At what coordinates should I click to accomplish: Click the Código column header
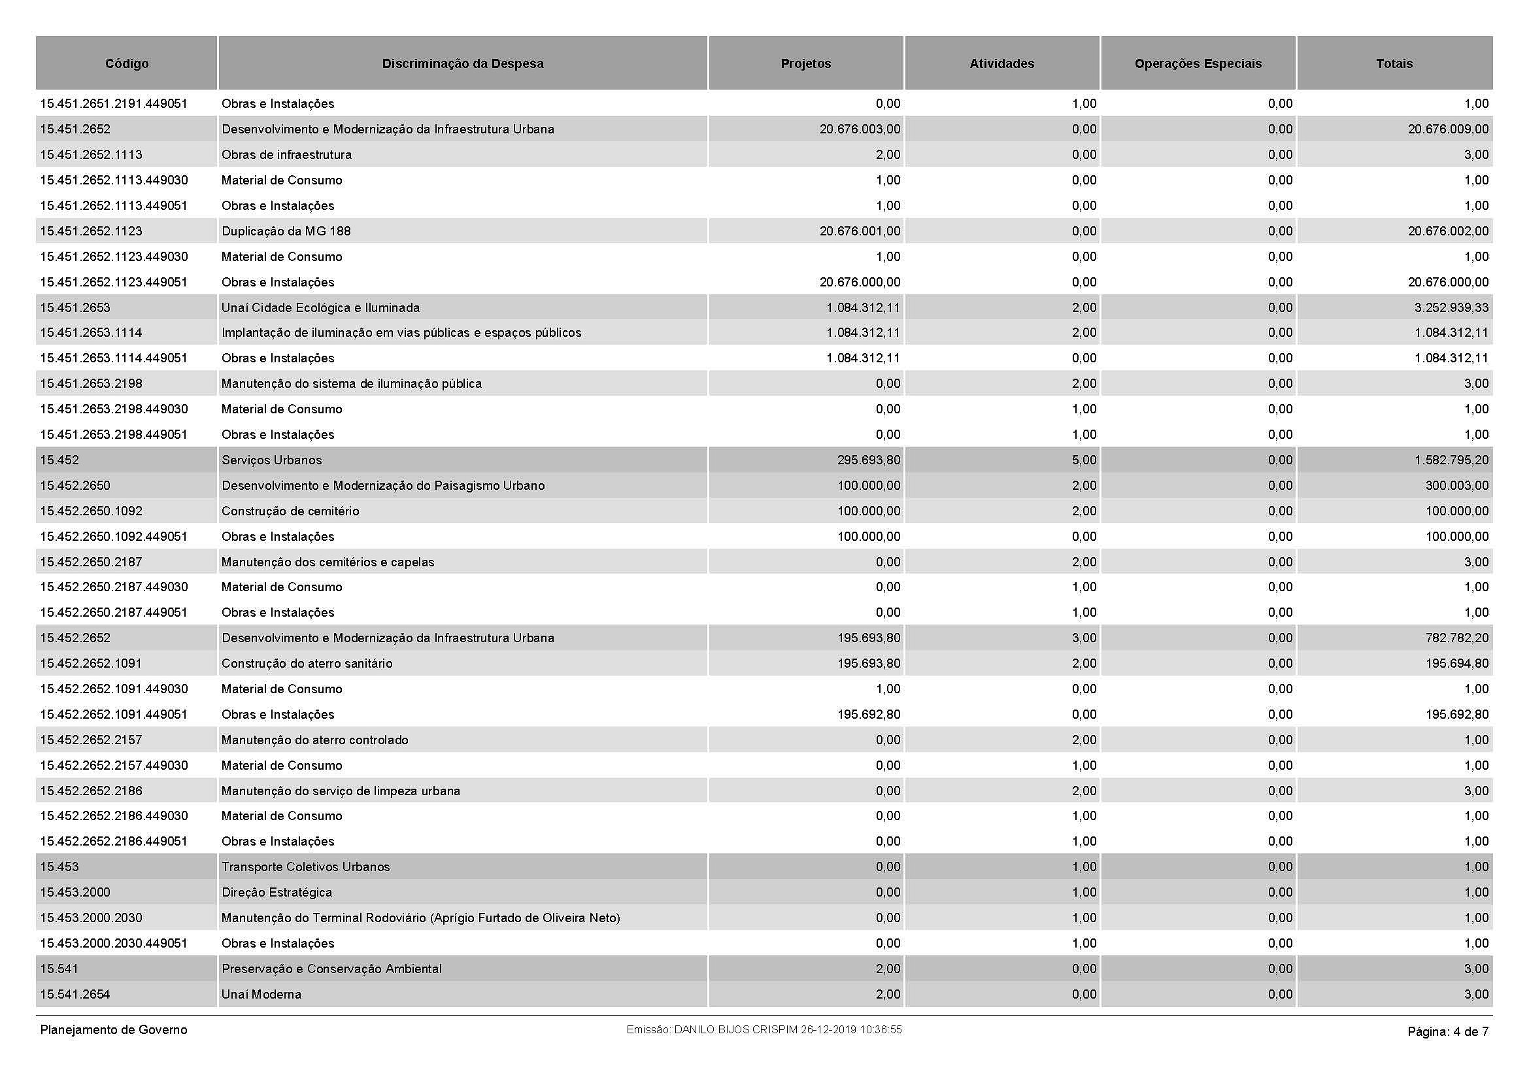[x=127, y=63]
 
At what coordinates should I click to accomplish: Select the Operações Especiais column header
[x=1198, y=63]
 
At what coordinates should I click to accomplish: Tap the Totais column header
[x=1394, y=63]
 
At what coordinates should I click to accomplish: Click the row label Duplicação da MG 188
[x=286, y=231]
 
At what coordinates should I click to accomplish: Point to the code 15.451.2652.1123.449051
[x=114, y=282]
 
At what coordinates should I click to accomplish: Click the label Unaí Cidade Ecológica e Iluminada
[x=320, y=308]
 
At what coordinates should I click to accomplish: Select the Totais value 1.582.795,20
[x=1452, y=460]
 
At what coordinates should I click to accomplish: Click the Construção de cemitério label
[x=290, y=511]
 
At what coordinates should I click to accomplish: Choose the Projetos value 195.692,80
[x=868, y=715]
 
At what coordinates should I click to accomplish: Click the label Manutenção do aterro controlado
[x=314, y=740]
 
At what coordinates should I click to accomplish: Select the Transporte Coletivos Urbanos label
[x=305, y=867]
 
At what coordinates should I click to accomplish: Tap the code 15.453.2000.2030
[x=92, y=918]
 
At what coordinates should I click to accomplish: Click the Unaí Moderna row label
[x=261, y=995]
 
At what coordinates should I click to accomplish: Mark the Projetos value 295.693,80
[x=868, y=460]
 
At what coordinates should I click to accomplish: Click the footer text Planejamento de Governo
[x=114, y=1030]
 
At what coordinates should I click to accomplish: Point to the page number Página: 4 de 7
[x=1448, y=1032]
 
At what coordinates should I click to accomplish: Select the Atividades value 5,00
[x=1084, y=460]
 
